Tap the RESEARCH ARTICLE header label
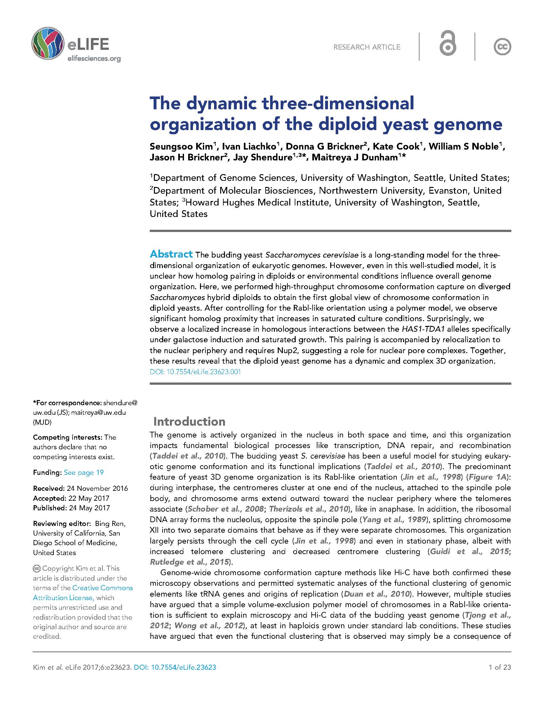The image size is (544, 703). pos(367,47)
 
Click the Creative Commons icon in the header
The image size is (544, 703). pos(502,47)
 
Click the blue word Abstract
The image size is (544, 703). pos(171,254)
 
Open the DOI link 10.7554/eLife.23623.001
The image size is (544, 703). pos(195,372)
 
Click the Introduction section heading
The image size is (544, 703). pos(189,421)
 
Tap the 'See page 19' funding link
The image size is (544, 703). pos(84,473)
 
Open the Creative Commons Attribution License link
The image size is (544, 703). pos(83,592)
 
